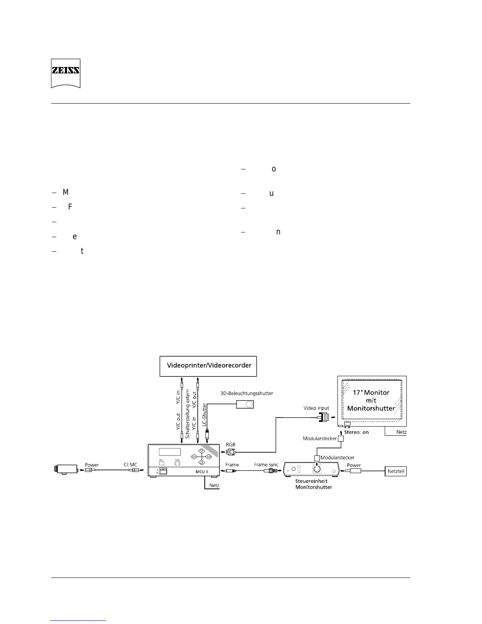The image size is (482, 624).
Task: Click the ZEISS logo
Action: point(65,73)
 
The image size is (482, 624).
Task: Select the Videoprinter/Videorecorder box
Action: point(209,366)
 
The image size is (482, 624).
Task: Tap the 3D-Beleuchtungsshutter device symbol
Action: point(245,404)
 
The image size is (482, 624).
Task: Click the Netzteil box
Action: point(396,471)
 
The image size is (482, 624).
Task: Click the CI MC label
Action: point(130,465)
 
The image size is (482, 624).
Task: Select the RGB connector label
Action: point(230,444)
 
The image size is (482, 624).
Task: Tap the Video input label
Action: point(316,408)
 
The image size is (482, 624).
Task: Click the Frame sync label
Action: point(266,465)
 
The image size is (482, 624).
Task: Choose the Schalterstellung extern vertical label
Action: point(187,414)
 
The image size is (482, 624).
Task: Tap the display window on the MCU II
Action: point(169,452)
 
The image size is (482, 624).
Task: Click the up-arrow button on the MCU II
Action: point(201,451)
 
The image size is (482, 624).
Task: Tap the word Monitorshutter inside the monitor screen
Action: point(371,409)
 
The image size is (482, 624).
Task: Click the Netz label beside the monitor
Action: point(401,432)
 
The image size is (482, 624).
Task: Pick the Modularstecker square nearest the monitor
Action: point(341,438)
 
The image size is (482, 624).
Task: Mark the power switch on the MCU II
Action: point(163,471)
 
